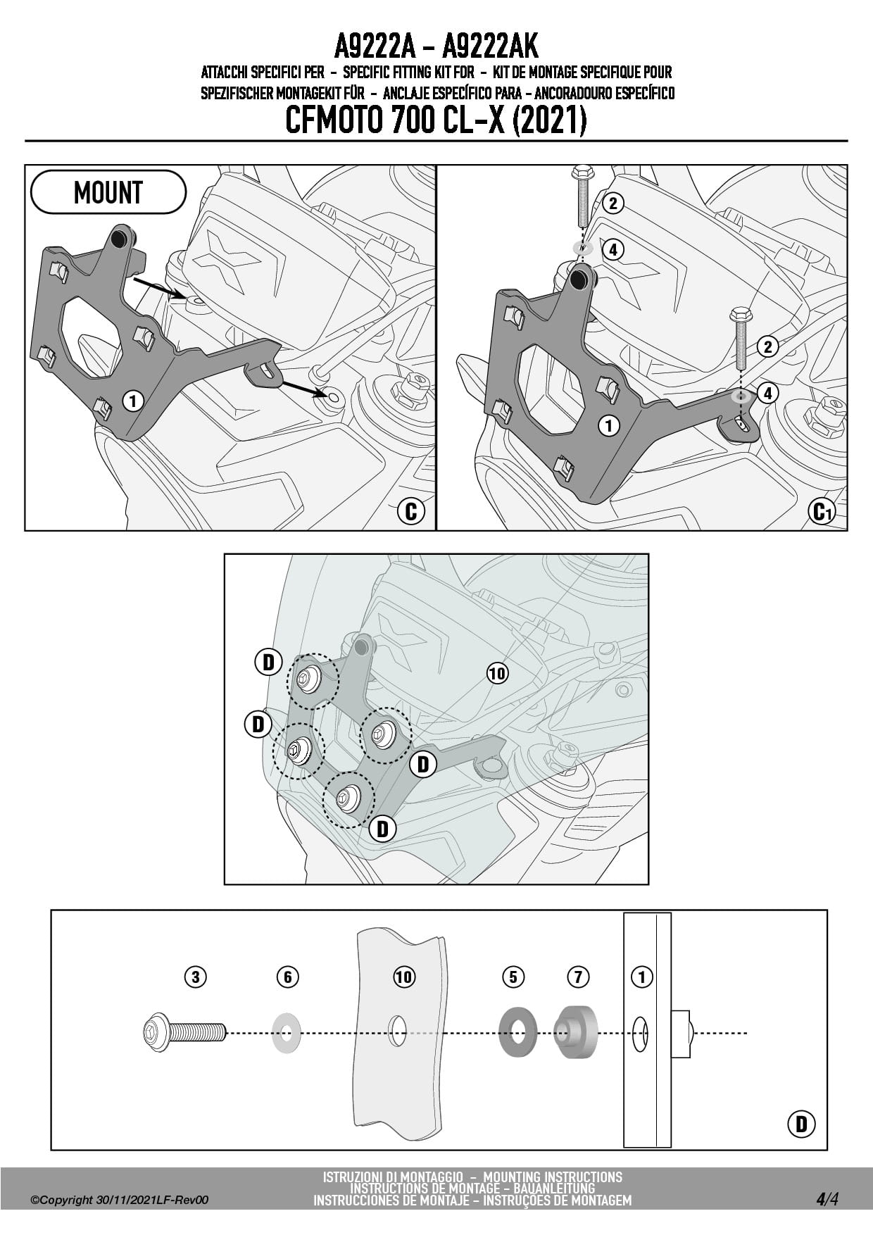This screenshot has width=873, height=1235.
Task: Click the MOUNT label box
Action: pos(108,192)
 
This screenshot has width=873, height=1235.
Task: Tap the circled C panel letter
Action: pos(411,510)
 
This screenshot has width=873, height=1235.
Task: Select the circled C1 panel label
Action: pos(822,510)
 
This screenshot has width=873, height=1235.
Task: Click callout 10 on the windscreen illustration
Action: pos(497,673)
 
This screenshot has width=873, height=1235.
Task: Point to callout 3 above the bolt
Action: pos(195,977)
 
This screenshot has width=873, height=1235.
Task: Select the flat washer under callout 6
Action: pos(287,1033)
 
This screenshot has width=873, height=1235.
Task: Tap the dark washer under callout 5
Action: pos(517,1033)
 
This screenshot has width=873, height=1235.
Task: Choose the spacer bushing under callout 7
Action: pos(575,1033)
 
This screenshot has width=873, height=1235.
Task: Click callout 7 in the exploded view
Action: pos(577,977)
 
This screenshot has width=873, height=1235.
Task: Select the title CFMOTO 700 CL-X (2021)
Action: pos(436,120)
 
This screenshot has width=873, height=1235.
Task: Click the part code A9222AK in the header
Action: pos(490,47)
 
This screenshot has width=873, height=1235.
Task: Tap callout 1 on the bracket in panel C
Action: pos(132,401)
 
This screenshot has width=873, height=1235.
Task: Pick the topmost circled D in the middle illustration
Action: pos(268,662)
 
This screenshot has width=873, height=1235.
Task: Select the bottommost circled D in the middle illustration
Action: pos(382,828)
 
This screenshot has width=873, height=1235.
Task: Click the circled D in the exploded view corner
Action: pos(801,1124)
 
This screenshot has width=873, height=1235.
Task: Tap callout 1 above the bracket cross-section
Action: pos(641,977)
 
